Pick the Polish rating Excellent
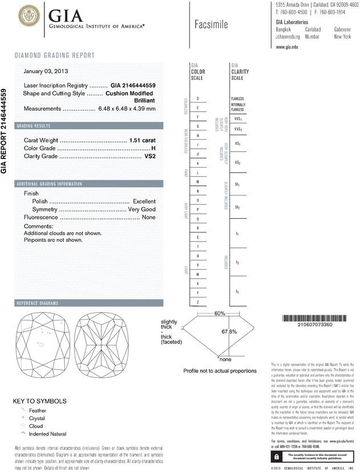(144, 201)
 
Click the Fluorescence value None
(149, 217)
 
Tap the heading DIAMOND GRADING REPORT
(54, 55)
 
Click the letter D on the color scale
(198, 99)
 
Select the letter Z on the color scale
(198, 301)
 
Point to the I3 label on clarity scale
(237, 292)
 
